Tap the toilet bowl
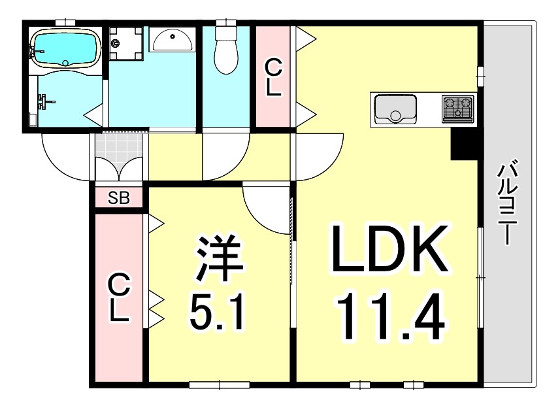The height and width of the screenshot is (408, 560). tap(226, 56)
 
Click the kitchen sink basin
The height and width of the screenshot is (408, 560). tap(395, 109)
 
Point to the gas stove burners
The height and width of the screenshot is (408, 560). tap(458, 109)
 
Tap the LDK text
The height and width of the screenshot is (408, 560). tap(389, 250)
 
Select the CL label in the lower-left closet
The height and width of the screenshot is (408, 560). tap(118, 299)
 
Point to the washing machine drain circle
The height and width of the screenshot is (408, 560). tap(116, 44)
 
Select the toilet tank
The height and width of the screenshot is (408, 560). tap(226, 31)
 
